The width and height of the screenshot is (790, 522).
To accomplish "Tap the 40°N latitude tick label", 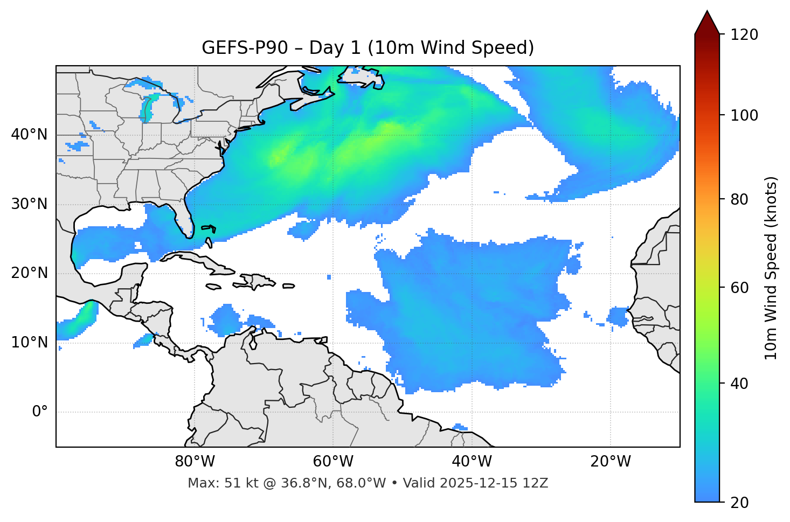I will click(x=29, y=135).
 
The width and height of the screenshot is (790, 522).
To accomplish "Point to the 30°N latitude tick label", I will click(x=29, y=204).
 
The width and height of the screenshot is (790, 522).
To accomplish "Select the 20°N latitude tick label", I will click(x=29, y=273).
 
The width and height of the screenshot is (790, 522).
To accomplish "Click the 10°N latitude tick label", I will click(x=29, y=343).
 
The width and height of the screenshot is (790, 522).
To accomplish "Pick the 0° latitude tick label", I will click(x=40, y=412).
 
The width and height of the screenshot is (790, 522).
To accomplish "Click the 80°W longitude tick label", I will click(x=195, y=462).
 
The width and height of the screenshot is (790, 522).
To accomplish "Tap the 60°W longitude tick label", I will click(x=333, y=462).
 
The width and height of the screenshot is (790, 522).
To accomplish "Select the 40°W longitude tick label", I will click(x=472, y=462).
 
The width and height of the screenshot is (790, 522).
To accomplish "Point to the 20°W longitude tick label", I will click(x=610, y=462).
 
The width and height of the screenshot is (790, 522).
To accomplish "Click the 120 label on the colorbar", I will click(x=744, y=35).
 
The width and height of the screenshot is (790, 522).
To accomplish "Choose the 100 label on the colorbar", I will click(x=744, y=115).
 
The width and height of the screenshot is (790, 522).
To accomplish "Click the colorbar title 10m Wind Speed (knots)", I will click(x=771, y=268).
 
